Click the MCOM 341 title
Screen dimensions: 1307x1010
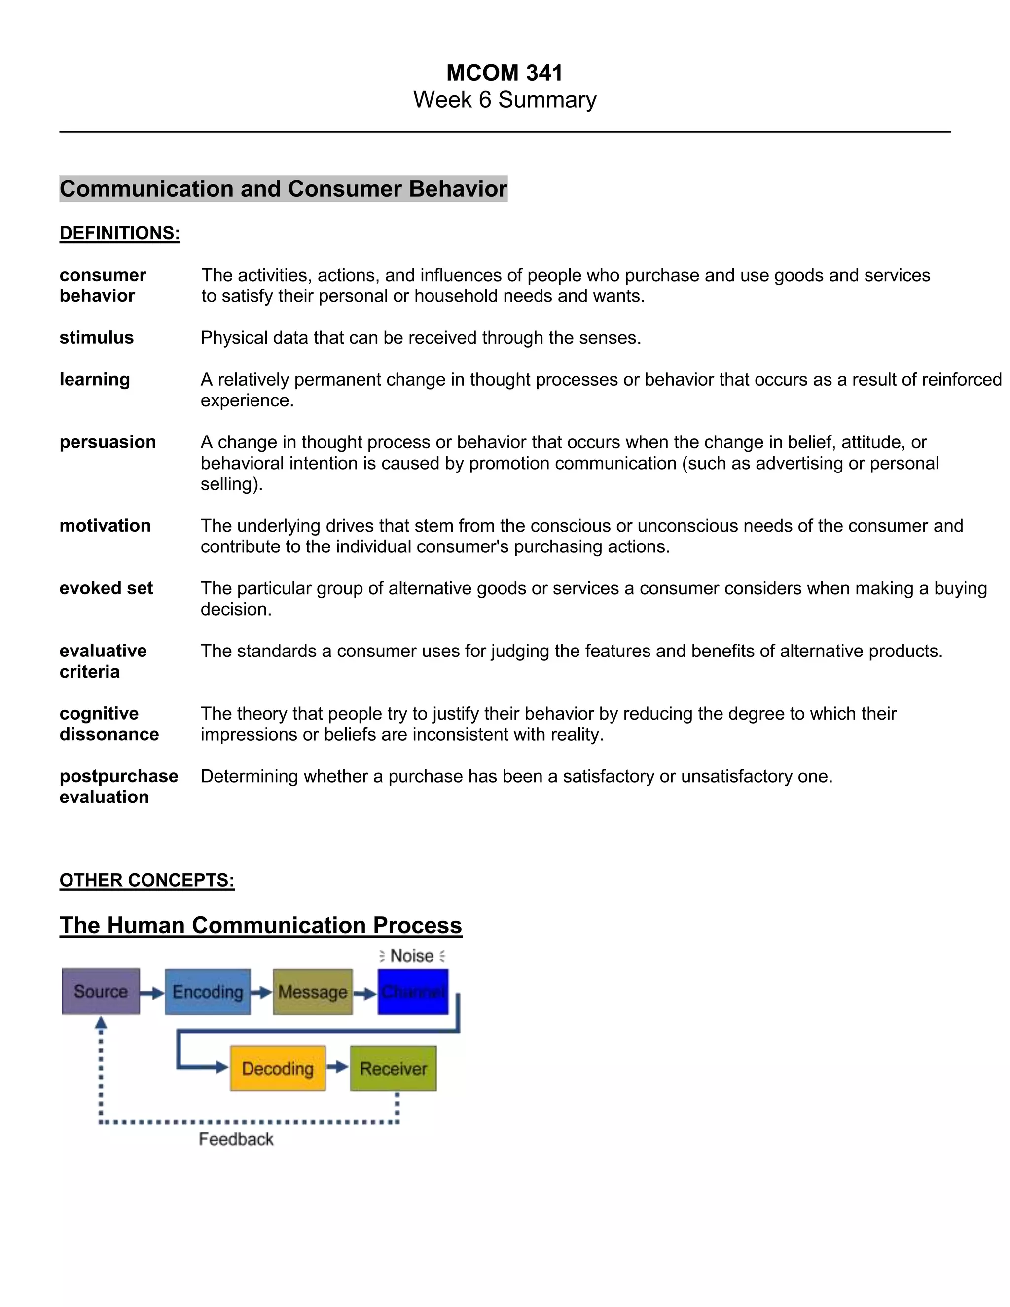coord(505,73)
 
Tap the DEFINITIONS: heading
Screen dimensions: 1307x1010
coord(120,233)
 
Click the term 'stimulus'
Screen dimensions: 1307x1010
coord(96,338)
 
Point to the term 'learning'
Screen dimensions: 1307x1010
coord(95,380)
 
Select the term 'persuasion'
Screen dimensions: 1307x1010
coord(108,442)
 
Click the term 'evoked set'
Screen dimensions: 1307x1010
coord(106,589)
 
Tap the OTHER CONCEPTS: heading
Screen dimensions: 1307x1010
coord(146,880)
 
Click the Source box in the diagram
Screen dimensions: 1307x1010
coord(101,992)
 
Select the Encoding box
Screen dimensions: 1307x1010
coord(208,992)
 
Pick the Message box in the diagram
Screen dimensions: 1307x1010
coord(312,992)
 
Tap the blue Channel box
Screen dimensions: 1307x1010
coord(413,992)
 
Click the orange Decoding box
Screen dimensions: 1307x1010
coord(278,1069)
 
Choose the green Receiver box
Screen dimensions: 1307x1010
coord(393,1069)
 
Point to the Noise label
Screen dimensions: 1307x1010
coord(412,956)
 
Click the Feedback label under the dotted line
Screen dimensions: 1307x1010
coord(236,1139)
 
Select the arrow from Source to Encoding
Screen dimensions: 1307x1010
coord(152,993)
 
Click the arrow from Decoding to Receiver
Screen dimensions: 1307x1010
coord(337,1067)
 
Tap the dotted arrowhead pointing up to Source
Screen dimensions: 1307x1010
coord(101,1024)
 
